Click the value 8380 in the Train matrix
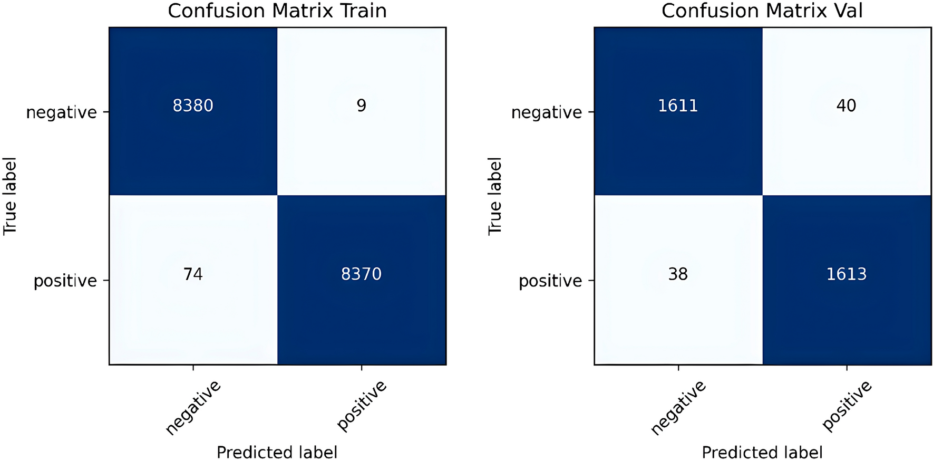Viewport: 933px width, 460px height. click(x=193, y=106)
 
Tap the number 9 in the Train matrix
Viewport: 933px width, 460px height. click(x=361, y=106)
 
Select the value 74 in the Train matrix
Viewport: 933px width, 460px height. click(x=193, y=274)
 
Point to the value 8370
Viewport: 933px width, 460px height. click(x=361, y=274)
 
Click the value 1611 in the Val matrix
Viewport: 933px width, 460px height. click(x=678, y=106)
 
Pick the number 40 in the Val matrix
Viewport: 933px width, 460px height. click(x=846, y=106)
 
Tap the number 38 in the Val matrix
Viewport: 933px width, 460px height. click(x=678, y=274)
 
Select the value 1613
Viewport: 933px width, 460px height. click(x=846, y=274)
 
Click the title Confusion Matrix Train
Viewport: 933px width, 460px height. click(x=277, y=11)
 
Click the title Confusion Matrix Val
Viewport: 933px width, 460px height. click(x=762, y=11)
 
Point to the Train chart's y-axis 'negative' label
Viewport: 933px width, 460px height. click(x=62, y=112)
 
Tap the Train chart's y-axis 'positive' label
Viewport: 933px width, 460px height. click(x=65, y=281)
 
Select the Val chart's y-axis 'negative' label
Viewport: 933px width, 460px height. click(x=547, y=112)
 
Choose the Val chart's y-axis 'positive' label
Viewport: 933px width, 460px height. click(x=550, y=281)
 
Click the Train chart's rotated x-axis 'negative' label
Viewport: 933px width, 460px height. click(x=193, y=407)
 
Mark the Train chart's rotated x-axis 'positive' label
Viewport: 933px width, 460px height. click(x=362, y=405)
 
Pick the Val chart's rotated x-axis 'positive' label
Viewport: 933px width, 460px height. click(x=847, y=405)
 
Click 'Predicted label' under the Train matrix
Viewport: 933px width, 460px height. click(x=277, y=452)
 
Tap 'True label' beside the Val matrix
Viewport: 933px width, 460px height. click(x=495, y=196)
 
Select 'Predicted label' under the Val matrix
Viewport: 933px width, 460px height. click(x=762, y=452)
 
